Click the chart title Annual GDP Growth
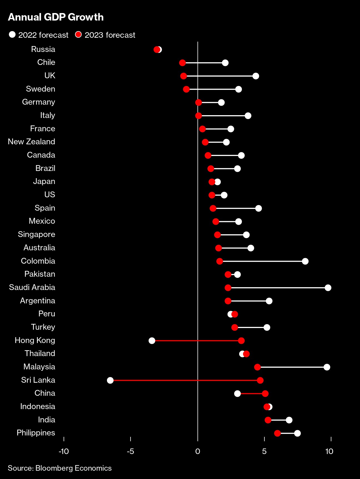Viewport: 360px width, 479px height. click(56, 17)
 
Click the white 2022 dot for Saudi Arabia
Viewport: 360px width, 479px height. click(328, 288)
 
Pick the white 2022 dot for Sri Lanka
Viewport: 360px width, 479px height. click(110, 380)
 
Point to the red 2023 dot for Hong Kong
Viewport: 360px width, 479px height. click(241, 341)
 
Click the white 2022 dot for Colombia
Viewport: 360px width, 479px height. click(305, 261)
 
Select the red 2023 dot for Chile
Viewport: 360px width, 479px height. click(182, 63)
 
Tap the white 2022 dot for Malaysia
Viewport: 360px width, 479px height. click(327, 367)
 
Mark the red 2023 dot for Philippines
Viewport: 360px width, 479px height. click(277, 433)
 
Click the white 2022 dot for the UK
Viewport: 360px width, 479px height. click(256, 76)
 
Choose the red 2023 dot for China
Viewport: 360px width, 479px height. click(265, 394)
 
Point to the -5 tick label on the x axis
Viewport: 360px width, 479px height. click(130, 452)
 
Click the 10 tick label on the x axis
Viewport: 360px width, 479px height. click(329, 452)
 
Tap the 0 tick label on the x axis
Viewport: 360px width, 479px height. click(197, 452)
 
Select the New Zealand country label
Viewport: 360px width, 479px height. click(31, 142)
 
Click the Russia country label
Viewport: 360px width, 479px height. click(43, 49)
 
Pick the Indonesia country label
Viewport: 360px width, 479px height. click(37, 407)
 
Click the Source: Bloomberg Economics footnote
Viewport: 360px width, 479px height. click(60, 468)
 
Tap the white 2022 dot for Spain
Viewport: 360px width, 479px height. click(258, 208)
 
